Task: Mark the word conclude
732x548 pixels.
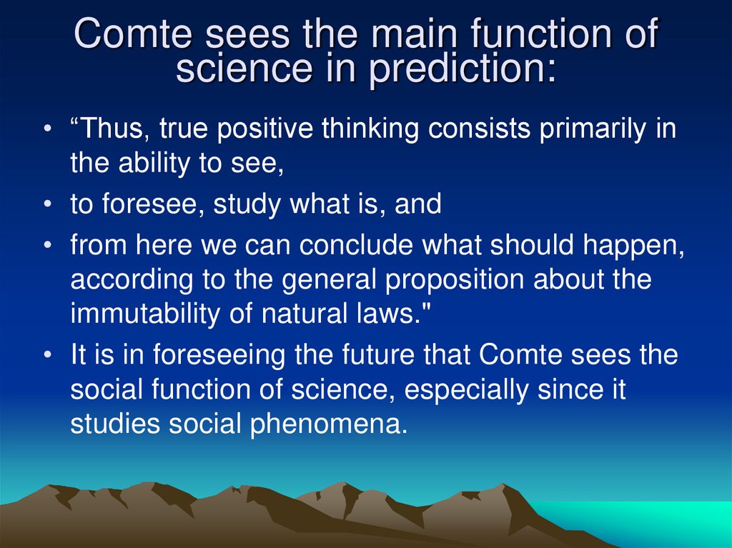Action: pos(357,246)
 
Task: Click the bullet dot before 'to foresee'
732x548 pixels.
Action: pos(46,206)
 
